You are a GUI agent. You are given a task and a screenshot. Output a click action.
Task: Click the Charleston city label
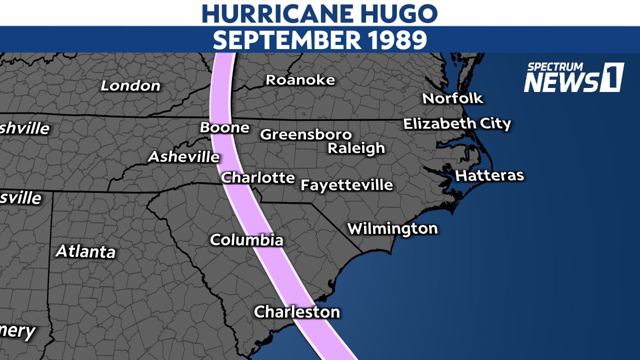297,312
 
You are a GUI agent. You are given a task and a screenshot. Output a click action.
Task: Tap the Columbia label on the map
246,240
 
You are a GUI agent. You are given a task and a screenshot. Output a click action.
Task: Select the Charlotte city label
258,177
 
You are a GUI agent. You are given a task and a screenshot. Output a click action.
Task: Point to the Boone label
224,127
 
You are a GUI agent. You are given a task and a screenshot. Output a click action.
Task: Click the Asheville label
184,157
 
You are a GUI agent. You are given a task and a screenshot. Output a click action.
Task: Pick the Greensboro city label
306,135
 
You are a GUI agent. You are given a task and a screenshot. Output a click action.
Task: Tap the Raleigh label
356,148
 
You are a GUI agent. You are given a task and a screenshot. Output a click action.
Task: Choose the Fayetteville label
346,185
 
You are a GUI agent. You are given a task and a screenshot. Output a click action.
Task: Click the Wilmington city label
392,229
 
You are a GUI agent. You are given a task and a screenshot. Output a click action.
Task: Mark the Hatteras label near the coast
489,175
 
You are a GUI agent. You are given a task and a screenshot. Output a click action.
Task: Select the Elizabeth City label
457,123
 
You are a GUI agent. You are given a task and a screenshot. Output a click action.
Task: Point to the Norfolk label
453,98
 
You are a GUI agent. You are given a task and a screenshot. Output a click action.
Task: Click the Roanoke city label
300,80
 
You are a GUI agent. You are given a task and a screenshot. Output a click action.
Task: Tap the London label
130,85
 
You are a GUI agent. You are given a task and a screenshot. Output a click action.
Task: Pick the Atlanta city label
85,251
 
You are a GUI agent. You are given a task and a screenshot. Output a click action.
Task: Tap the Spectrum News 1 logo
573,77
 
